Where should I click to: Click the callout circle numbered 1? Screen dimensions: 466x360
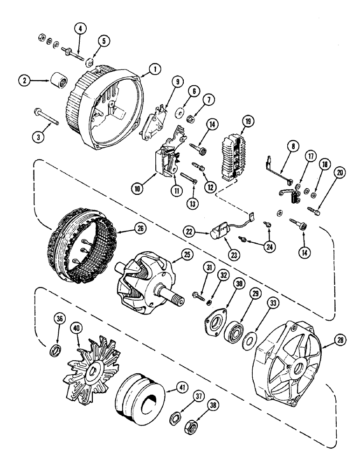(x=155, y=69)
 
